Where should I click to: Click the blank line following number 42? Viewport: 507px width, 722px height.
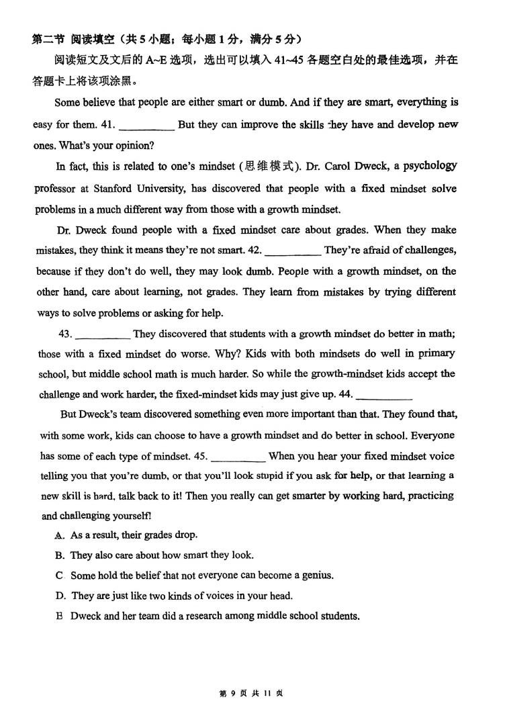tap(292, 251)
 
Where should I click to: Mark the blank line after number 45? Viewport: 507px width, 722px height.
tap(238, 457)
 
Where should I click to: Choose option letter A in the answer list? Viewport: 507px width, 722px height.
tap(59, 535)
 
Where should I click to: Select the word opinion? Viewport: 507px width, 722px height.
tap(135, 145)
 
